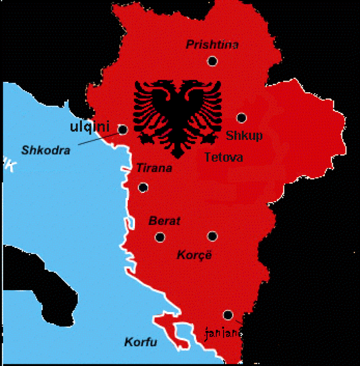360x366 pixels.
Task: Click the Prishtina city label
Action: (212, 45)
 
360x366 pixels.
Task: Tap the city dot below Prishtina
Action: (212, 61)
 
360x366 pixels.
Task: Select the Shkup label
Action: (244, 135)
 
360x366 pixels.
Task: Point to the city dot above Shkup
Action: (242, 118)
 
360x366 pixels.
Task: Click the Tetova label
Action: (224, 157)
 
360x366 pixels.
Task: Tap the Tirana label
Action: (154, 169)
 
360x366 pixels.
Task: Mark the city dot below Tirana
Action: (143, 187)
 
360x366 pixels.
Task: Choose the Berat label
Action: (164, 221)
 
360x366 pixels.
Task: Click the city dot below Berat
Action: (160, 237)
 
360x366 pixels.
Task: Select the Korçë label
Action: (194, 255)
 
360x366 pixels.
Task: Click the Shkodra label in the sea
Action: (45, 150)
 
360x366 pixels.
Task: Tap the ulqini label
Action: (90, 127)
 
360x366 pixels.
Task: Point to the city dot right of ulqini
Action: (122, 129)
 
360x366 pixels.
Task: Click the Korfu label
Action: (141, 342)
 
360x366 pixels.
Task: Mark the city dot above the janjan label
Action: (228, 315)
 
